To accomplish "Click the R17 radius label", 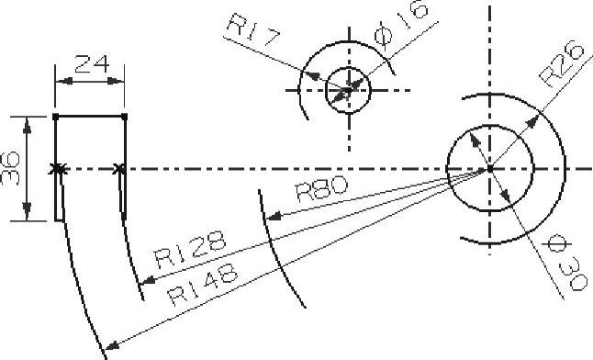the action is (254, 29).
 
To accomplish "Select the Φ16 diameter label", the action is (402, 24).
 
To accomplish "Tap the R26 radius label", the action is (561, 63).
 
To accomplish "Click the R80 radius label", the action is (321, 188).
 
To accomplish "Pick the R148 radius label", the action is (203, 284).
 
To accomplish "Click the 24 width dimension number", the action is (92, 63).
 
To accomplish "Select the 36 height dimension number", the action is (11, 168).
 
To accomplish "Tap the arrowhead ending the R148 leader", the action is (111, 344).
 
